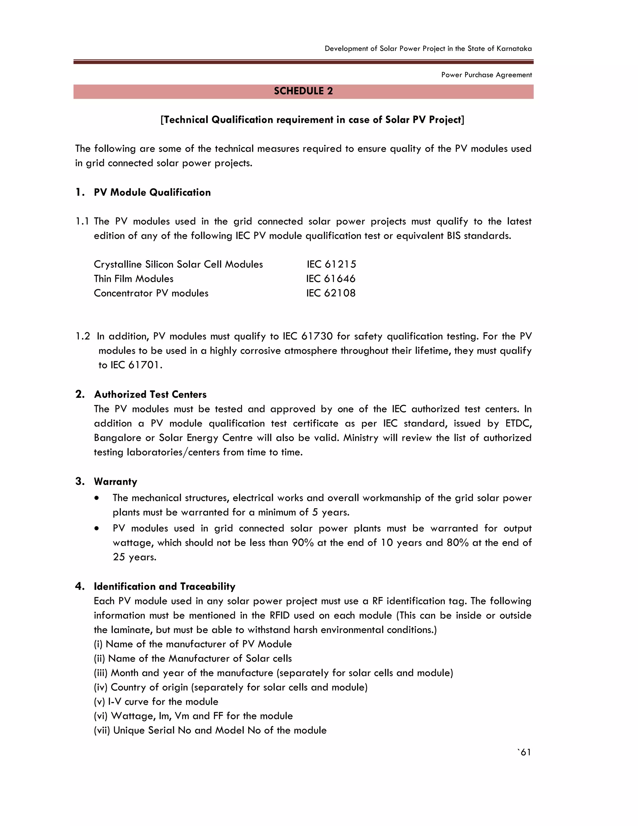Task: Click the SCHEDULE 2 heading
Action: (x=303, y=91)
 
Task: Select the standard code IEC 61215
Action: (x=331, y=264)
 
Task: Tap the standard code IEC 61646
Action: (x=331, y=279)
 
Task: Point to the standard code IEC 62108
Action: (x=331, y=293)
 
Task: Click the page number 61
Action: (x=525, y=752)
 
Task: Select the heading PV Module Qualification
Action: (x=152, y=193)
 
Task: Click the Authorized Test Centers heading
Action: (x=150, y=395)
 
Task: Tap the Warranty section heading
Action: (x=115, y=482)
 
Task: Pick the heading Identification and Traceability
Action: (x=164, y=587)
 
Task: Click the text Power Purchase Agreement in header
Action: (x=486, y=75)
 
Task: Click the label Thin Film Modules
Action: (x=133, y=279)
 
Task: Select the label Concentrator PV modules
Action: (x=151, y=293)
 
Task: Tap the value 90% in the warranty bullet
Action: (x=303, y=543)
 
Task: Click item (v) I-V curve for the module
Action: (x=156, y=702)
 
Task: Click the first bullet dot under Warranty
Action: (x=98, y=498)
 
